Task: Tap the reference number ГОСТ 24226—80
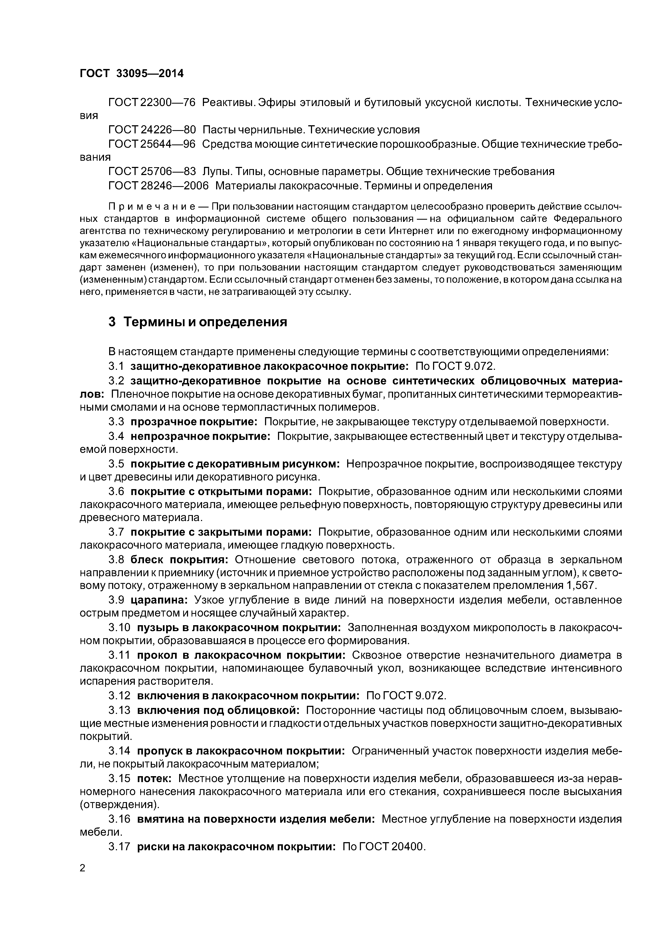152,130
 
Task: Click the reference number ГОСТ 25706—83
152,171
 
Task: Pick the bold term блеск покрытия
179,560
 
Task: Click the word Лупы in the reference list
213,171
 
